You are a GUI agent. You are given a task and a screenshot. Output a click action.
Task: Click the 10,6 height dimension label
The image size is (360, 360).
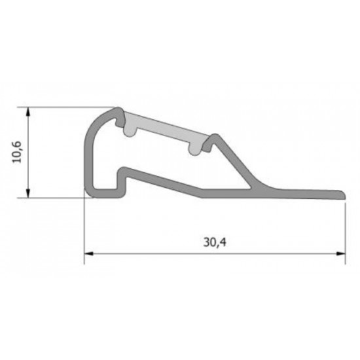[x=17, y=152]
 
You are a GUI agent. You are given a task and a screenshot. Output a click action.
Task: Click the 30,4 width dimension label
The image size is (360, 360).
[x=215, y=242]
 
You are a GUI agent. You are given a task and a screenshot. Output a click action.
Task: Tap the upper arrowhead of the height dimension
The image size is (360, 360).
[x=28, y=112]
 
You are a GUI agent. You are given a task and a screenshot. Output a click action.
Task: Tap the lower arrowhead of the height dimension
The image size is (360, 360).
[x=28, y=193]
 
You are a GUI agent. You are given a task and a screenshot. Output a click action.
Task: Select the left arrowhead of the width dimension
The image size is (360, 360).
[x=89, y=254]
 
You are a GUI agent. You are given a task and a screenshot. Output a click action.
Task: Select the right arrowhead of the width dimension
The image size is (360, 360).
[x=340, y=254]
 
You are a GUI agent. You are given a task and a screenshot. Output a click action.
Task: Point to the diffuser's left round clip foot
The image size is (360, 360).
[x=130, y=132]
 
